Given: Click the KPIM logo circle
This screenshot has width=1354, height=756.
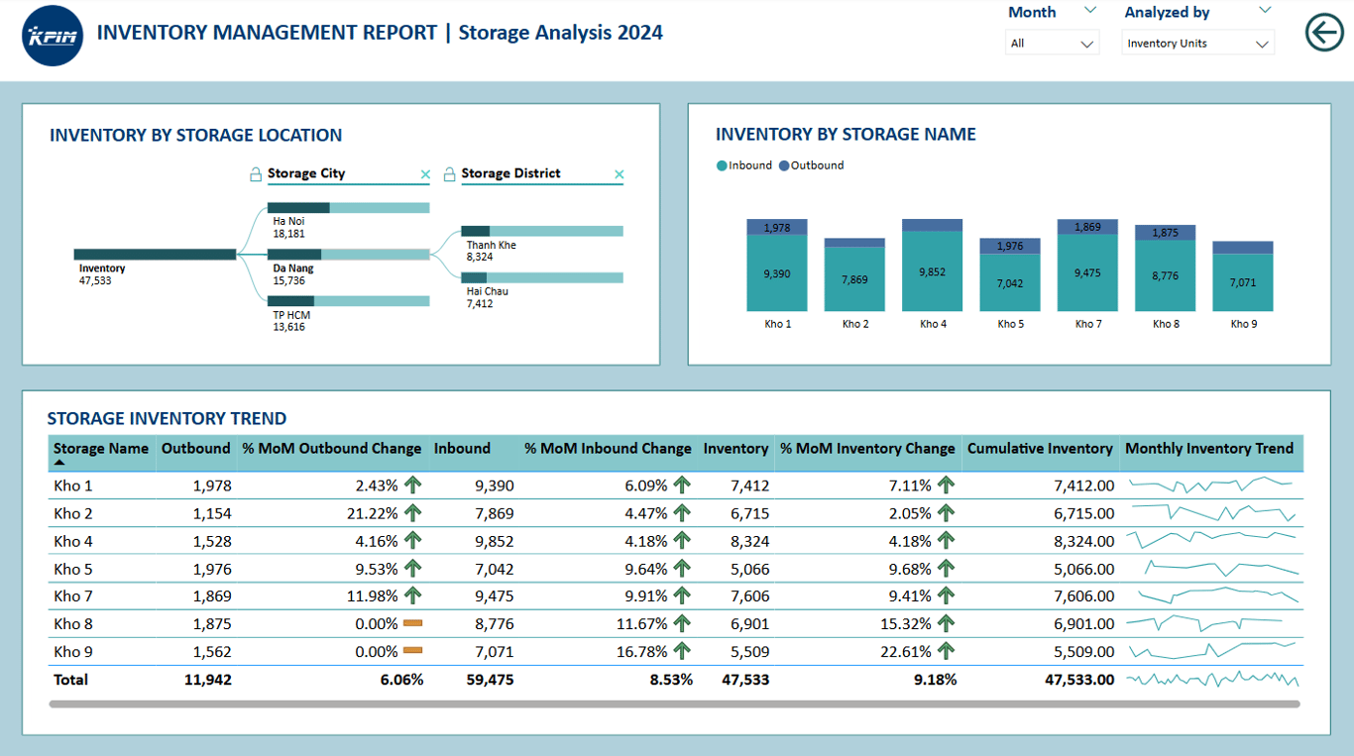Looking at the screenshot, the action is click(x=52, y=36).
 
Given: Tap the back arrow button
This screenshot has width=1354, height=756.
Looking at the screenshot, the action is click(x=1324, y=32).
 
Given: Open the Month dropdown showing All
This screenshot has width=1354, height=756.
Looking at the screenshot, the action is click(x=1052, y=44).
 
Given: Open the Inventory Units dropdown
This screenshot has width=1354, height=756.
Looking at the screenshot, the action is click(x=1197, y=44).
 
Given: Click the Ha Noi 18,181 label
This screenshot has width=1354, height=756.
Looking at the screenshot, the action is click(x=288, y=227).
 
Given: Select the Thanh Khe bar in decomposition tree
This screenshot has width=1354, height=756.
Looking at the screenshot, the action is click(x=542, y=231).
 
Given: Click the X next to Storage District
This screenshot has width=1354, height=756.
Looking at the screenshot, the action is click(x=619, y=174).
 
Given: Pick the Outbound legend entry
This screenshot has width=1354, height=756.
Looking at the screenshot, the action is click(x=811, y=165).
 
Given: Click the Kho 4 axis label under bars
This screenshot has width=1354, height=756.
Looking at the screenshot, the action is click(x=933, y=324).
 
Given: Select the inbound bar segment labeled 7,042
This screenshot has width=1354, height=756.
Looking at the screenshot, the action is click(x=1009, y=282).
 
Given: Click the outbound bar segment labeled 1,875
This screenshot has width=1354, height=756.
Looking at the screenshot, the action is click(x=1165, y=233).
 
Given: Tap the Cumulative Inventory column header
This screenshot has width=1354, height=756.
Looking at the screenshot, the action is click(x=1040, y=449).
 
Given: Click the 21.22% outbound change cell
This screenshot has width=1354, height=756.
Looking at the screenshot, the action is click(x=372, y=513).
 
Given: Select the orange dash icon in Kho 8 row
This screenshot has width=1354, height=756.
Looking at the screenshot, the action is click(x=412, y=623).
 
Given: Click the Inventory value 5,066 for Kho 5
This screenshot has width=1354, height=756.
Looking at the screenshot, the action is click(x=749, y=570).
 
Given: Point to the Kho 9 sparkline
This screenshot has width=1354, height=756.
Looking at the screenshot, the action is click(x=1212, y=650).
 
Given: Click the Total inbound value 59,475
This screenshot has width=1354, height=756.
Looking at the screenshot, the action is click(x=490, y=680).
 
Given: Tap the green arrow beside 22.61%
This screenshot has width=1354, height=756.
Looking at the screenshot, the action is click(x=946, y=651).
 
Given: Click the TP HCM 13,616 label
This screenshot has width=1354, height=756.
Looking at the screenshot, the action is click(x=291, y=321).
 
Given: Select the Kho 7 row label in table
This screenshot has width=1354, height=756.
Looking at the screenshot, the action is click(x=73, y=596).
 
